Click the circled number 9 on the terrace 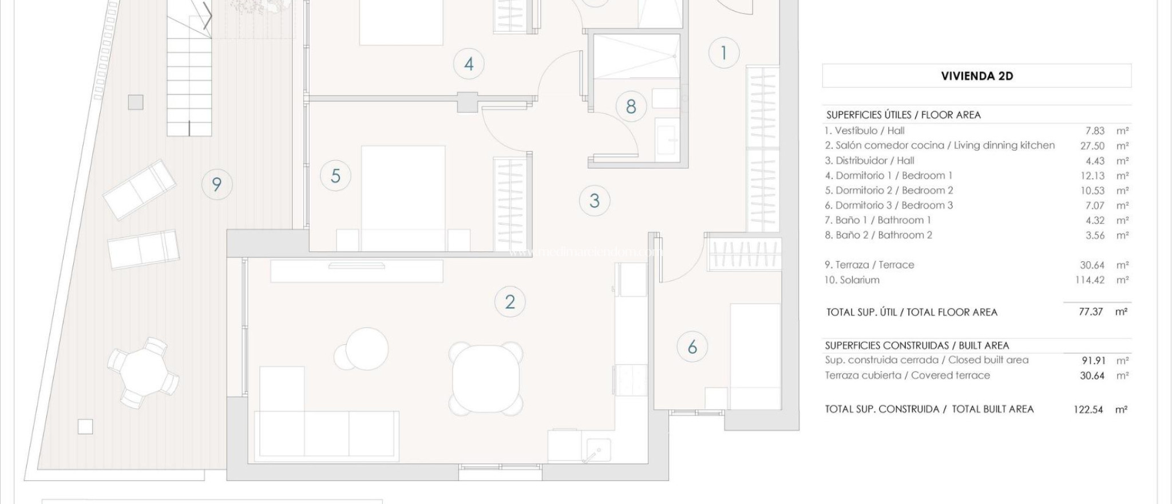(x=217, y=184)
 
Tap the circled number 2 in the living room (x=510, y=302)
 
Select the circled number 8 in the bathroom (x=631, y=107)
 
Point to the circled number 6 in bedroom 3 (x=692, y=347)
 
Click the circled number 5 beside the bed (x=335, y=175)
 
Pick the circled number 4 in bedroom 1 (x=469, y=64)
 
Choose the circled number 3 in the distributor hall (x=595, y=201)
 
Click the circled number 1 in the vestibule (x=724, y=53)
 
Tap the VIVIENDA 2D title (x=977, y=76)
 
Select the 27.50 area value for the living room (x=1091, y=146)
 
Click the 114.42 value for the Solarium (x=1089, y=280)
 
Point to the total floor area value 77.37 (x=1091, y=312)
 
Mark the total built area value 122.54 (x=1088, y=409)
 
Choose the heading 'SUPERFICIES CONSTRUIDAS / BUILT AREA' (x=917, y=345)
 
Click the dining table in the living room (x=486, y=378)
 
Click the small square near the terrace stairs (x=136, y=103)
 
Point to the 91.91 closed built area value (x=1092, y=361)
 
